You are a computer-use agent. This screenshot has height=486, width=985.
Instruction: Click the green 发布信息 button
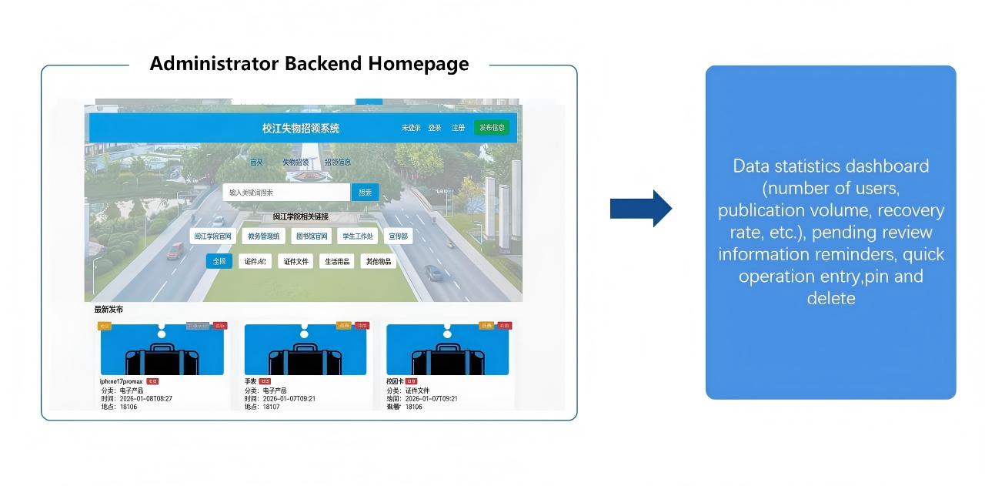click(491, 128)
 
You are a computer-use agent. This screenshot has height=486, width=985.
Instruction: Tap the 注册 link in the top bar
click(458, 128)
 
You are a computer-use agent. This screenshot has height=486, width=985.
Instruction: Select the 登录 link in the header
click(435, 128)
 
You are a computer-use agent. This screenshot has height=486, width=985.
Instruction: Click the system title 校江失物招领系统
click(300, 128)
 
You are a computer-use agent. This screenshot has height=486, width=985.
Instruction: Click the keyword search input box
click(286, 193)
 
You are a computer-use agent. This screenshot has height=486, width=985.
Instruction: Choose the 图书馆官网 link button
click(312, 236)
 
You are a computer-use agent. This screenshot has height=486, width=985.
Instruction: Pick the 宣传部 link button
click(398, 236)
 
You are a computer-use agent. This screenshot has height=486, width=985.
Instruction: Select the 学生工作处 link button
click(358, 236)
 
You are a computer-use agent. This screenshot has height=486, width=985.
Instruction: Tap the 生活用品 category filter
click(337, 261)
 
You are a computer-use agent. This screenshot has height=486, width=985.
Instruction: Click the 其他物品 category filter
click(379, 261)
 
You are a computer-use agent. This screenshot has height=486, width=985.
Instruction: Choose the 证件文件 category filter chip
click(295, 261)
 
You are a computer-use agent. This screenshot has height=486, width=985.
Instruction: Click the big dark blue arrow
click(641, 208)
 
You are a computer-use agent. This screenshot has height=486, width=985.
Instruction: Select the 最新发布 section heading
click(109, 310)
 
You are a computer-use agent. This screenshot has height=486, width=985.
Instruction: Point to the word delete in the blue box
click(831, 298)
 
